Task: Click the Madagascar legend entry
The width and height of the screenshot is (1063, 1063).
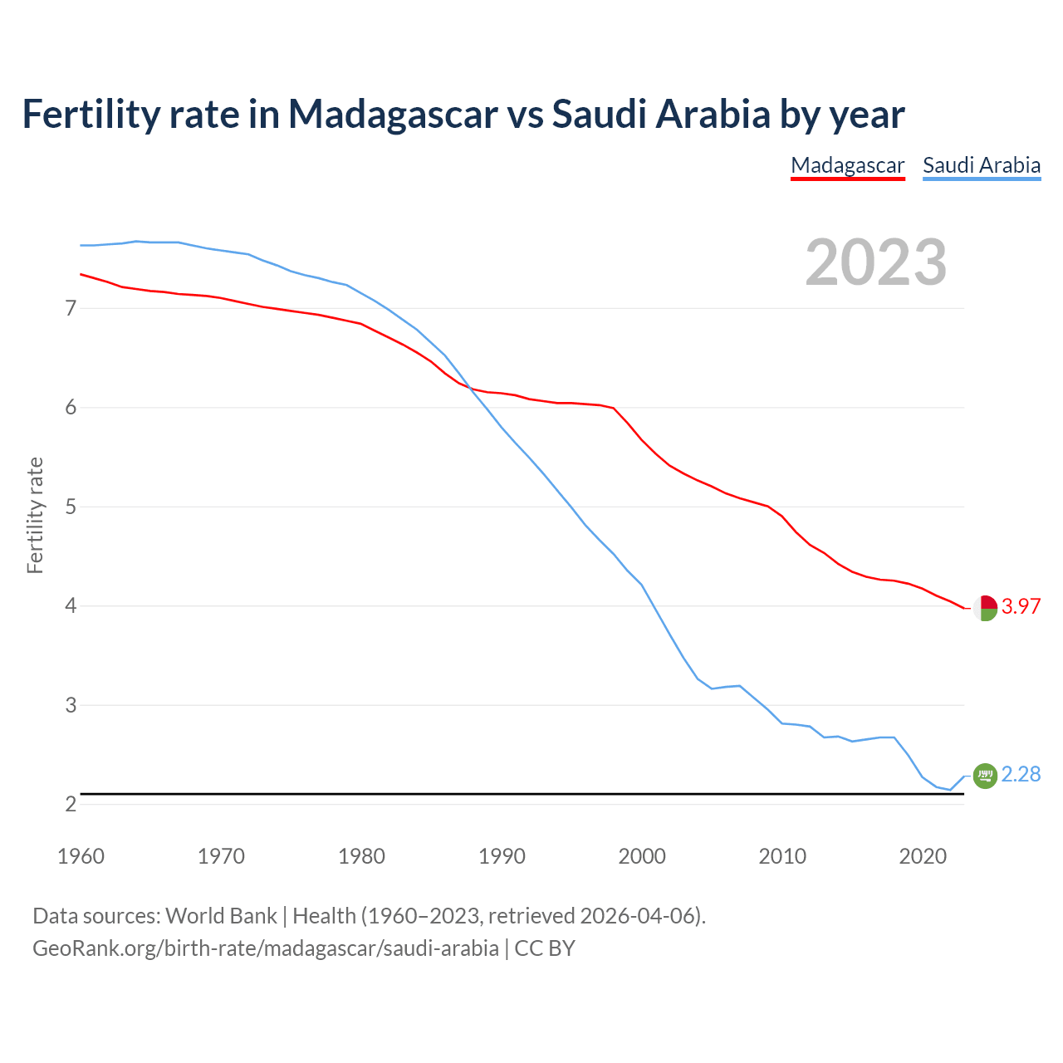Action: [847, 165]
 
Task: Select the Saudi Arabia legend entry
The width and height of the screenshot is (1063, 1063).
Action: [982, 165]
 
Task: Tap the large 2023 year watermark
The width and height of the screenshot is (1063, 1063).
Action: [875, 262]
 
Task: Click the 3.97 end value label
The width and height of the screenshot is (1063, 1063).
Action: [1021, 606]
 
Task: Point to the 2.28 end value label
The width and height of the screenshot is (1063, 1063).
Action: [1021, 774]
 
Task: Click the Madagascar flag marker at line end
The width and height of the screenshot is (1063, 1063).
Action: [985, 608]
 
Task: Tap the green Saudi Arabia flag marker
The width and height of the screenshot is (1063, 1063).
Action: [985, 776]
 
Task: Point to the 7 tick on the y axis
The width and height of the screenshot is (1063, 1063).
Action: [71, 309]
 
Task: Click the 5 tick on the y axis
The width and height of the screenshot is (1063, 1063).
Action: [71, 507]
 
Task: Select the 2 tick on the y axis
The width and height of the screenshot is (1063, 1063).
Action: [71, 804]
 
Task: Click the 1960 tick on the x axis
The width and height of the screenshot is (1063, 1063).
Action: [81, 856]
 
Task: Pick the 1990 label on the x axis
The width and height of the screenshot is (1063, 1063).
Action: [502, 856]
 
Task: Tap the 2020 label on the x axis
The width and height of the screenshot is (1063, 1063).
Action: [923, 856]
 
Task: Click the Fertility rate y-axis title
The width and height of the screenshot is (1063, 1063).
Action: [35, 515]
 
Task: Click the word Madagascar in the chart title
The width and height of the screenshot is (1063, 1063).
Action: [393, 114]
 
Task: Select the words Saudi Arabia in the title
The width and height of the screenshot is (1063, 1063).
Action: [661, 114]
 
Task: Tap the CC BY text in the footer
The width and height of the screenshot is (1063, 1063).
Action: [545, 948]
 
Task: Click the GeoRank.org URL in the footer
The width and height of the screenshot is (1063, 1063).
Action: [266, 948]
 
